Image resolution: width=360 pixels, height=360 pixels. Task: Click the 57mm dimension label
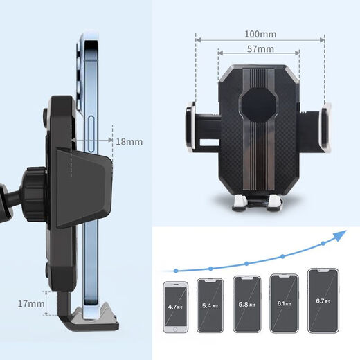pyautogui.click(x=260, y=49)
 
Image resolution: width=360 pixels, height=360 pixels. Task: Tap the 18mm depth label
pyautogui.click(x=129, y=141)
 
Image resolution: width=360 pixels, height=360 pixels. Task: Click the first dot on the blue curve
pyautogui.click(x=177, y=270)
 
